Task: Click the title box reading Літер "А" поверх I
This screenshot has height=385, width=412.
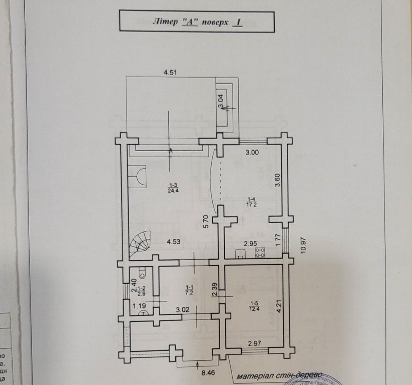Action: click(196, 21)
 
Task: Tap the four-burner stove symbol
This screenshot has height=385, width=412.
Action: click(260, 253)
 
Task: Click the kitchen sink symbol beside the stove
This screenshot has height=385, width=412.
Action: click(240, 253)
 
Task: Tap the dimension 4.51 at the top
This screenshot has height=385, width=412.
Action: click(171, 73)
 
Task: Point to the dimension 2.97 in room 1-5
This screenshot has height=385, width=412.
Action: click(256, 343)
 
